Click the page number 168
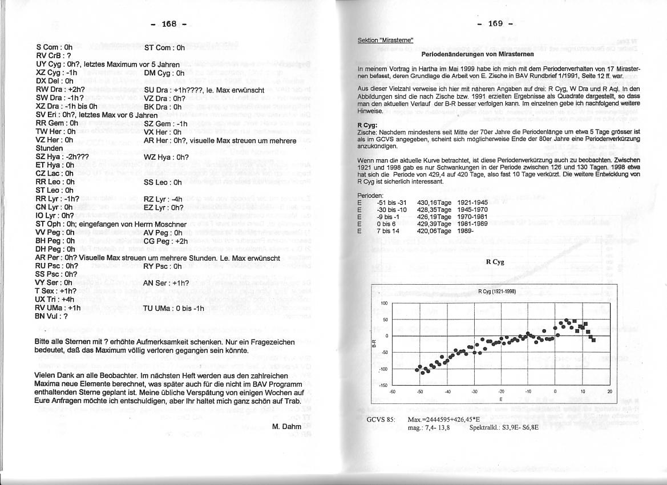169,24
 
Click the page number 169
495,23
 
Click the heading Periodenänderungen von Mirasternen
477,54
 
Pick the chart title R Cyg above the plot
494,262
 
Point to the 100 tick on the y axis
384,304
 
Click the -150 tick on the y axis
383,386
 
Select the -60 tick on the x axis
392,391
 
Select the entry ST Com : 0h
164,48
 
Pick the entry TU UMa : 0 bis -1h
174,308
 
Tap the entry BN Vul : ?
51,316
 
